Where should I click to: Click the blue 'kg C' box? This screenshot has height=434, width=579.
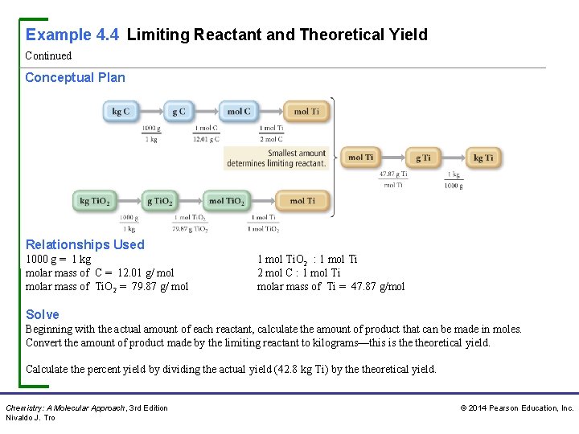(121, 111)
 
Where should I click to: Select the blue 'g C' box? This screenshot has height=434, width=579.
(179, 111)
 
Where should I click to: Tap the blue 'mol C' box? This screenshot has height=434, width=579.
(238, 111)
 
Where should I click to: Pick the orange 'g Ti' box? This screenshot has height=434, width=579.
(424, 158)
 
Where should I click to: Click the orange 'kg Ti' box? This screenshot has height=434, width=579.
(483, 158)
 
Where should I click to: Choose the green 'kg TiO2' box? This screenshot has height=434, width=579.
(95, 201)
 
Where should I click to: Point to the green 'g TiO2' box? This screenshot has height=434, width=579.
(159, 201)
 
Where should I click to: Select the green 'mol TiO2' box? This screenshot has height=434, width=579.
(227, 201)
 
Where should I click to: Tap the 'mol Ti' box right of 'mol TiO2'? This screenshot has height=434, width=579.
(302, 201)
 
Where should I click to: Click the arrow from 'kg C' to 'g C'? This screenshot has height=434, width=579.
(150, 111)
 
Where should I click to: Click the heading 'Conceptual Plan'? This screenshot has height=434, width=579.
(75, 77)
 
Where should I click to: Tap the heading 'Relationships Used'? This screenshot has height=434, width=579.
(84, 244)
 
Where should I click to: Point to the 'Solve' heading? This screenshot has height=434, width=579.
(42, 314)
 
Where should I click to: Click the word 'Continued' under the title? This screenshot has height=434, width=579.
(48, 56)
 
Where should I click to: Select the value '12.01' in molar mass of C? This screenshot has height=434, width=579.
(133, 273)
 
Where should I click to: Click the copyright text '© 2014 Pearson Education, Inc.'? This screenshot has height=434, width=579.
(516, 408)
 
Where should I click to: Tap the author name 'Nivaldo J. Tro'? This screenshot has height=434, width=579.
(31, 418)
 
